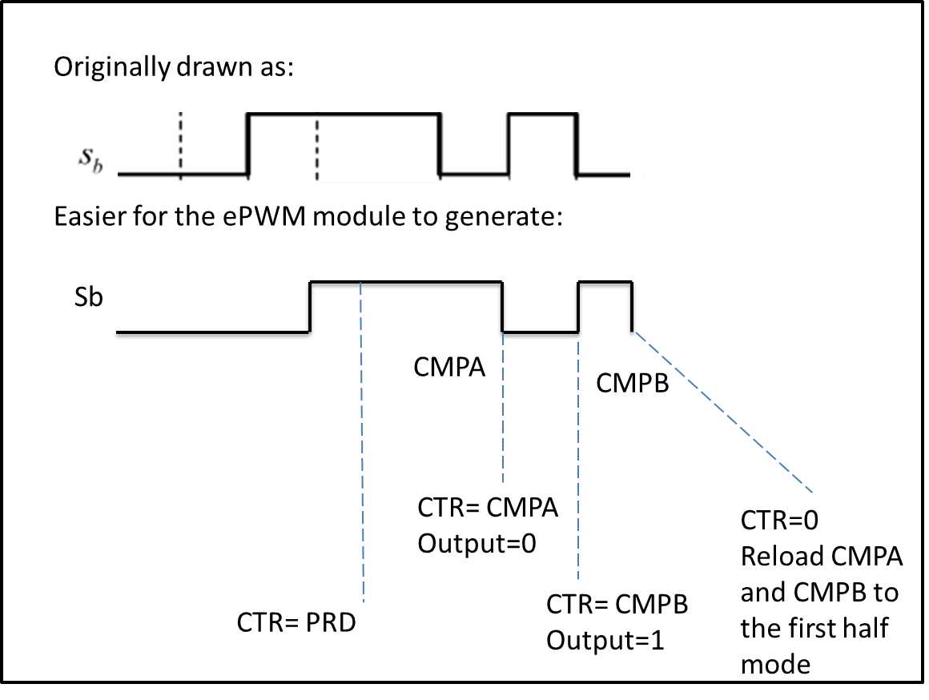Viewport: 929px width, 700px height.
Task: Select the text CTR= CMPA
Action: [x=488, y=509]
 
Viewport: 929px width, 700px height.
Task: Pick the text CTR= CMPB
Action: [x=617, y=604]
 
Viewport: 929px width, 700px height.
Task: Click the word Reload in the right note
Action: [x=778, y=556]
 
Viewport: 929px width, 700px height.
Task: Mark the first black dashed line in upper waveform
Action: [x=180, y=144]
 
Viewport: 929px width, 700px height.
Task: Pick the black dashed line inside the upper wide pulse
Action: [x=317, y=148]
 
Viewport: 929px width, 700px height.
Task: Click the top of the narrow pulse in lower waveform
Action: [x=605, y=282]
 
